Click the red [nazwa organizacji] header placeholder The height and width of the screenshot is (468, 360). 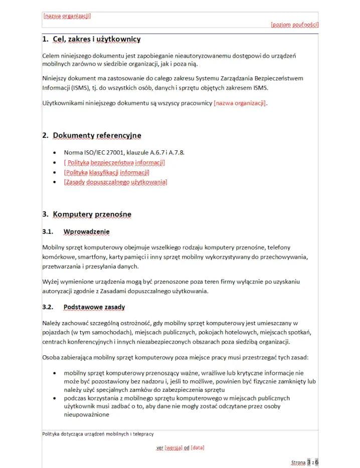pyautogui.click(x=67, y=16)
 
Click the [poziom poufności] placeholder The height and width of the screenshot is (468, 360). pyautogui.click(x=294, y=24)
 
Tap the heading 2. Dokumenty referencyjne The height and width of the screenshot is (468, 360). pyautogui.click(x=92, y=135)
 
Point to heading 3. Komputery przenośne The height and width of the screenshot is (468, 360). pyautogui.click(x=87, y=214)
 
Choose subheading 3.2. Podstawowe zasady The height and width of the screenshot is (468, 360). pyautogui.click(x=94, y=307)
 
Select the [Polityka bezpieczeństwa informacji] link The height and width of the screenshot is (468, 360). pyautogui.click(x=114, y=162)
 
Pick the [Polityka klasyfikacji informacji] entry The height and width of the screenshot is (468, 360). pyautogui.click(x=107, y=172)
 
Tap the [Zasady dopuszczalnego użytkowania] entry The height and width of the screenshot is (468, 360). pyautogui.click(x=115, y=182)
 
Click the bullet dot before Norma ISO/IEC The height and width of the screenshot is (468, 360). pyautogui.click(x=54, y=152)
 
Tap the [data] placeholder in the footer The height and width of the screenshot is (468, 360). pyautogui.click(x=198, y=447)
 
